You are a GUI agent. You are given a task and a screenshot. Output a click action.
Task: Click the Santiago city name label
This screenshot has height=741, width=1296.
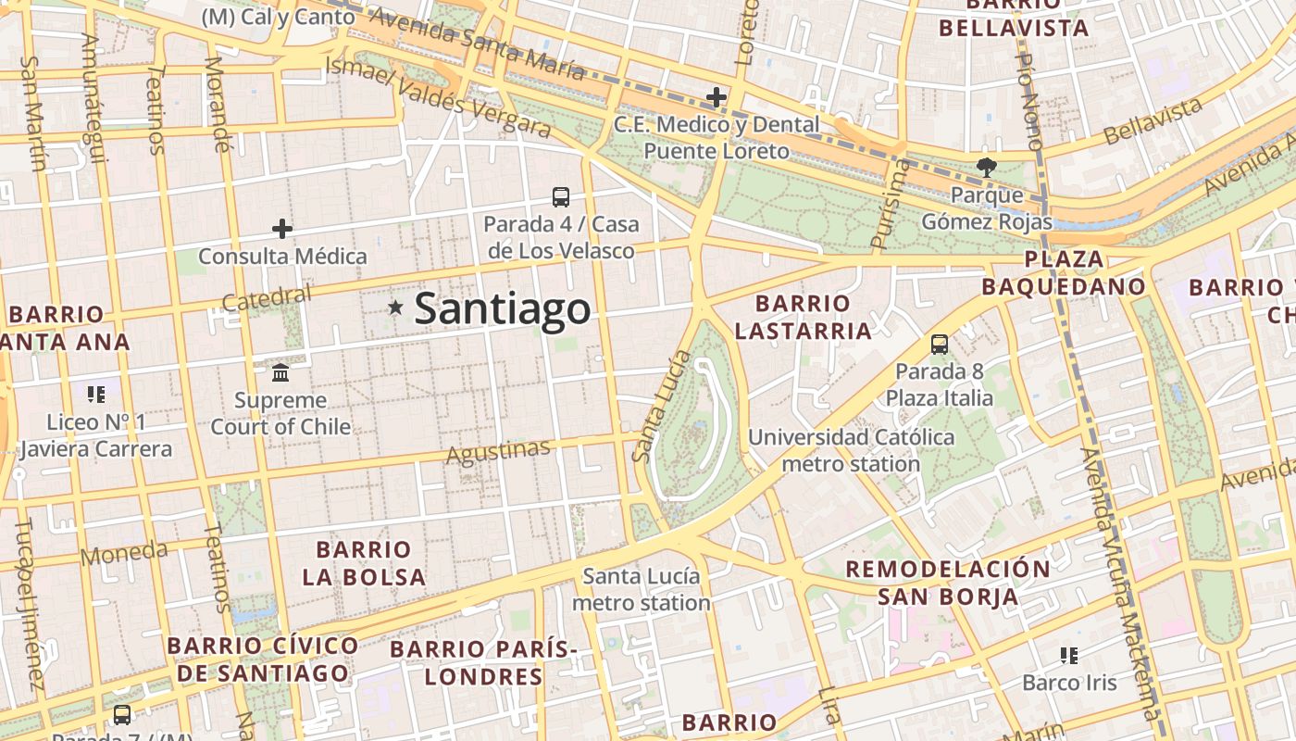(502, 308)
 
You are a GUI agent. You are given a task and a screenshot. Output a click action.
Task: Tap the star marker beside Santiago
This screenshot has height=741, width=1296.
(395, 307)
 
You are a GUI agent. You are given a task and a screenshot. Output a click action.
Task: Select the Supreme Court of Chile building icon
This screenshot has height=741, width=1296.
(280, 372)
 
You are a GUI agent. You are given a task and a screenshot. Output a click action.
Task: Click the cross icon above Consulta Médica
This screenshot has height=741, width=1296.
(282, 229)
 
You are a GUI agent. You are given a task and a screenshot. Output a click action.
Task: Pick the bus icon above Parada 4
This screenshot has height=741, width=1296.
(561, 196)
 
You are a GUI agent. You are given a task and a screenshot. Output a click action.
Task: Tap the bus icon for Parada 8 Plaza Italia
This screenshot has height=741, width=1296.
(940, 345)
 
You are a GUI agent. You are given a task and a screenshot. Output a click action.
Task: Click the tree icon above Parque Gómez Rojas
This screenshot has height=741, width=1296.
(987, 168)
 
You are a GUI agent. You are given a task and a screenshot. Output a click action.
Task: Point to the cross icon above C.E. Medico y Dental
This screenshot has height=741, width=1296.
(717, 96)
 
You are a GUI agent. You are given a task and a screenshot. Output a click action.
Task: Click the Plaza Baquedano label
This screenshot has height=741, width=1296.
(1064, 272)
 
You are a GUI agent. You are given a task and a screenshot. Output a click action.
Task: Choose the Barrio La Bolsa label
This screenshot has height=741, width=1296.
(364, 563)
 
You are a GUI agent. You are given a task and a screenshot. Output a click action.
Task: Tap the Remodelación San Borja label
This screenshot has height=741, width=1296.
(948, 583)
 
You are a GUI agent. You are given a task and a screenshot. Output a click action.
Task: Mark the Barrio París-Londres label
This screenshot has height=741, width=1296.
(483, 662)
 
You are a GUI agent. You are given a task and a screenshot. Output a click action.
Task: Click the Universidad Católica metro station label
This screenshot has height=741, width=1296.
(851, 450)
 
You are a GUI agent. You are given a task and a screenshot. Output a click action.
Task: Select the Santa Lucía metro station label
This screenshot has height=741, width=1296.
(642, 589)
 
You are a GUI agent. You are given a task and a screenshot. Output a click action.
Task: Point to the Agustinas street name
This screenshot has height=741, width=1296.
(498, 451)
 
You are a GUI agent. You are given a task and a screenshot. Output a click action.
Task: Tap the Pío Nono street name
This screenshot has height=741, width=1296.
(1028, 100)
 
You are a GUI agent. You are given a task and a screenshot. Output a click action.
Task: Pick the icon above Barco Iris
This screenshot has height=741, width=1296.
(1069, 656)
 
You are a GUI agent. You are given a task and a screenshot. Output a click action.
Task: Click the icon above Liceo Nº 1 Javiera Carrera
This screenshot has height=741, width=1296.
(96, 395)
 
